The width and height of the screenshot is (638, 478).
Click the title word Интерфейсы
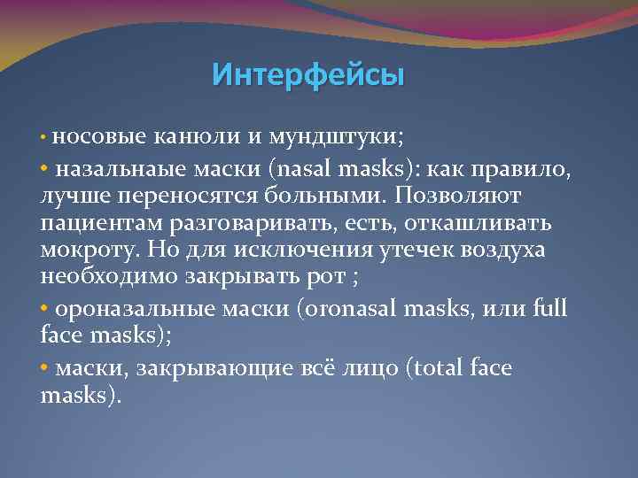point(307,74)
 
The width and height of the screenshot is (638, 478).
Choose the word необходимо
point(107,277)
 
